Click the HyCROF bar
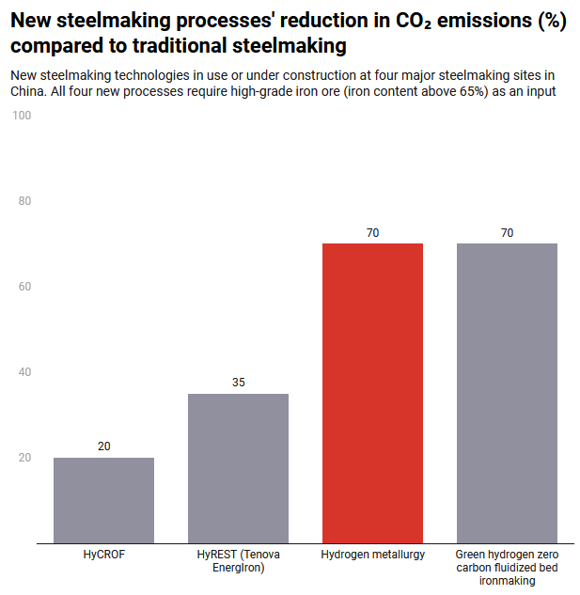[103, 500]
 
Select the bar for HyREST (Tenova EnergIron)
[238, 468]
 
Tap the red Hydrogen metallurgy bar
[372, 393]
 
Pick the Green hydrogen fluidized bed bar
[507, 393]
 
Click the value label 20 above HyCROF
[103, 446]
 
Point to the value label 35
[238, 383]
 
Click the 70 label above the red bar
[372, 232]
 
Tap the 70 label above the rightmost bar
[507, 232]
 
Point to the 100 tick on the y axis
[23, 116]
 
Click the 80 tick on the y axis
[25, 201]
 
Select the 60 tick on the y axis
[25, 287]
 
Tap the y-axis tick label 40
[25, 372]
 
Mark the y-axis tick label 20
[25, 458]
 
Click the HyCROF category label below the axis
[103, 555]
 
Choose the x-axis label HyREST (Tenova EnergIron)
[238, 561]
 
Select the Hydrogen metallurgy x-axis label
[372, 555]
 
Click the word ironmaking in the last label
[507, 581]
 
